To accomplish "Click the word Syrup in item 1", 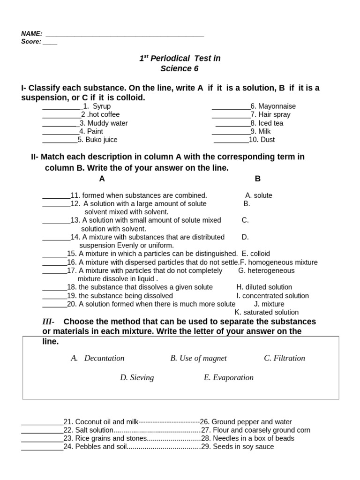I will [x=102, y=106].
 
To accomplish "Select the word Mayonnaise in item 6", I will [x=277, y=106].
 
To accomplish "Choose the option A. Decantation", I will [x=98, y=358].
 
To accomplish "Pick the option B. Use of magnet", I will [x=198, y=358].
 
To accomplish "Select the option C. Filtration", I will [x=285, y=358].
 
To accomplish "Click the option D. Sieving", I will [x=137, y=377].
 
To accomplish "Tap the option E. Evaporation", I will [x=228, y=377].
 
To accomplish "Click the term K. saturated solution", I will [x=267, y=312].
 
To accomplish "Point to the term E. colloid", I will [x=256, y=254].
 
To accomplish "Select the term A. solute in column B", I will [x=259, y=195].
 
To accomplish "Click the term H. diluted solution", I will [x=264, y=287].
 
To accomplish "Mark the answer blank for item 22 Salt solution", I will [x=42, y=431].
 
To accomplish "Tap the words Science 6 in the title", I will [x=180, y=69].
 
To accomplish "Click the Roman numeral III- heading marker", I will [x=48, y=322].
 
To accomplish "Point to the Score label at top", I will [x=31, y=41].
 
